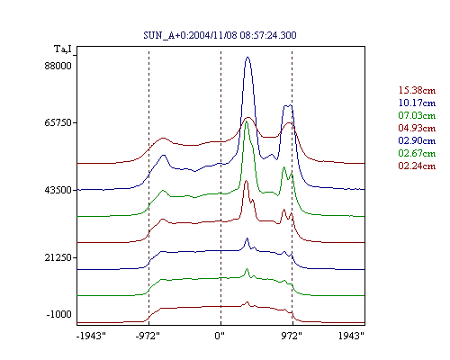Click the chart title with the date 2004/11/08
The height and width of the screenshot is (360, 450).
click(x=220, y=35)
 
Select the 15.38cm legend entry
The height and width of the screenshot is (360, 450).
click(x=417, y=90)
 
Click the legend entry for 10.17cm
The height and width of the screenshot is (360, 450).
click(x=417, y=103)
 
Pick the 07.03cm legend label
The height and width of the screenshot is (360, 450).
click(x=417, y=115)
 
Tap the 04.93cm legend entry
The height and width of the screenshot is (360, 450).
click(x=417, y=128)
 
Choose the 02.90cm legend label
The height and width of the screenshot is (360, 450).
click(x=417, y=140)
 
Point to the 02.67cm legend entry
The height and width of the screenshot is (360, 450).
click(x=417, y=153)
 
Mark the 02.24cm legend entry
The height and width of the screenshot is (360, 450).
click(x=417, y=166)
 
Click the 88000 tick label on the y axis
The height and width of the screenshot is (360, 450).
click(x=58, y=66)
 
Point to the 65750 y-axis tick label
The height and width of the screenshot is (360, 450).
click(x=58, y=122)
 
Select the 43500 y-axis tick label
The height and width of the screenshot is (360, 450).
click(x=58, y=190)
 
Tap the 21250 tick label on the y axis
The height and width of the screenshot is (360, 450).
click(x=58, y=257)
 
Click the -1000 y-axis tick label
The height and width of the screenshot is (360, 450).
click(x=59, y=314)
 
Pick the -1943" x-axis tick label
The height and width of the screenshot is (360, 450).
click(x=92, y=336)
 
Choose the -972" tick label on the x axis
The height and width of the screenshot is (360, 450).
click(x=148, y=336)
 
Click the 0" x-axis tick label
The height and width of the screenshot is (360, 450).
click(x=220, y=336)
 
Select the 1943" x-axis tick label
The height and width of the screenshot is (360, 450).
click(x=351, y=336)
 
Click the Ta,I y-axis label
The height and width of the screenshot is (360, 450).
click(x=63, y=49)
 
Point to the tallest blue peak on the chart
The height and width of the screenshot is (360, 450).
click(x=247, y=57)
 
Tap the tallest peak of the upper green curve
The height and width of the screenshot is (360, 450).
click(x=247, y=121)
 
